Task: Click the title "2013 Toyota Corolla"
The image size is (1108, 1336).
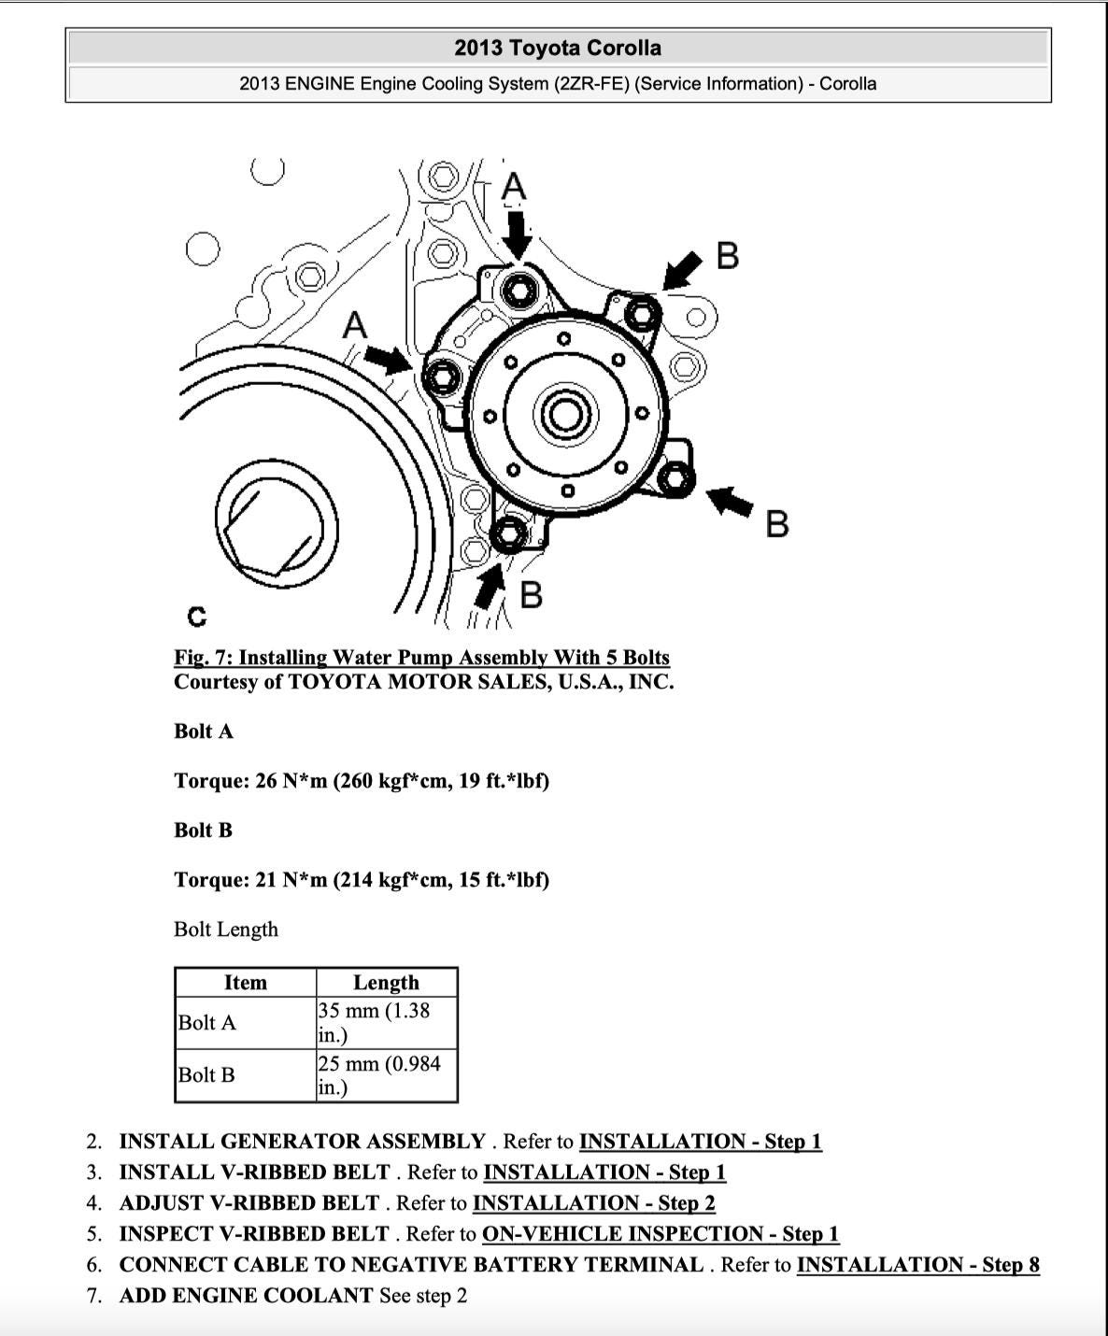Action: [558, 48]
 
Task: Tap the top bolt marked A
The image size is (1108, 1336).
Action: [518, 291]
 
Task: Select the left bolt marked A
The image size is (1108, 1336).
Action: [440, 377]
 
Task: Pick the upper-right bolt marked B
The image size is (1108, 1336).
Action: [641, 313]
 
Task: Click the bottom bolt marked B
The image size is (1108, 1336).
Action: [507, 534]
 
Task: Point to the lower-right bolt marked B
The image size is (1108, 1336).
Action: [674, 478]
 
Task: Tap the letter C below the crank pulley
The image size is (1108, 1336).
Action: [196, 617]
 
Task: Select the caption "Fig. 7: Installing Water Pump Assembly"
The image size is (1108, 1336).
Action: [421, 658]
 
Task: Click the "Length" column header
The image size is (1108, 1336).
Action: [386, 982]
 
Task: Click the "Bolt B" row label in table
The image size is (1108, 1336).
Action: [206, 1074]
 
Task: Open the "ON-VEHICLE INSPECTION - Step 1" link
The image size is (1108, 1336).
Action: [660, 1234]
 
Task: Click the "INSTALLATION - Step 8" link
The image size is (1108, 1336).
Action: [917, 1265]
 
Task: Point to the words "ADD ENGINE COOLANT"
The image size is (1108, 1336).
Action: [246, 1296]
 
